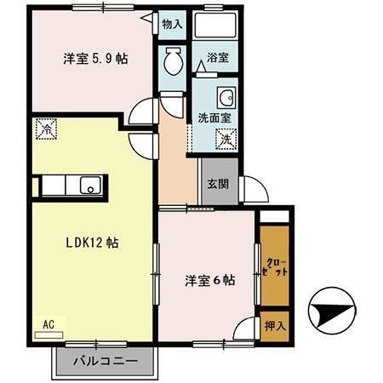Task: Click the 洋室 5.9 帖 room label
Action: pos(94,60)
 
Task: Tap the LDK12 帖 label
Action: pos(92,243)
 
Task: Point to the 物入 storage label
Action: pos(172,25)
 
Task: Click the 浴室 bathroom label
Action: pos(218,58)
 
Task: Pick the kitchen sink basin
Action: pos(89,185)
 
